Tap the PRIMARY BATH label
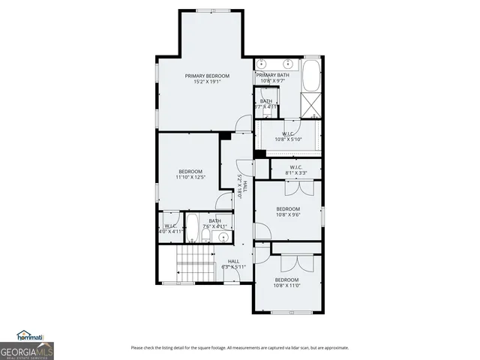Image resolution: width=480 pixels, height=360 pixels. pyautogui.click(x=271, y=76)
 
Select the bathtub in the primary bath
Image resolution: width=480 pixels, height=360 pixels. pyautogui.click(x=311, y=74)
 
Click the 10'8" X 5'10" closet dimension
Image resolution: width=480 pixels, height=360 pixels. pyautogui.click(x=287, y=139)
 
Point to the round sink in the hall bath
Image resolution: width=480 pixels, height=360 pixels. pyautogui.click(x=221, y=238)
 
